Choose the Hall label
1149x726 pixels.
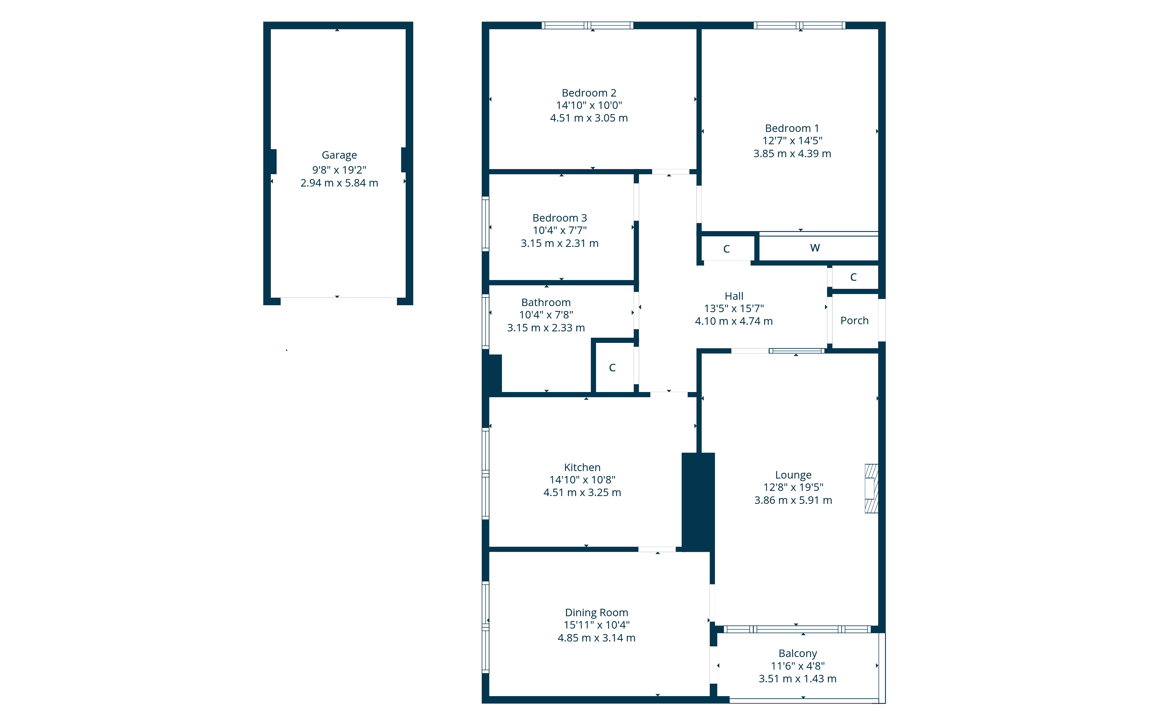[x=734, y=296]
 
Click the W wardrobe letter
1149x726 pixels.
[x=815, y=248]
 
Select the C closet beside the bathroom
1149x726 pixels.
[x=612, y=368]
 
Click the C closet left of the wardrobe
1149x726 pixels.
[x=726, y=249]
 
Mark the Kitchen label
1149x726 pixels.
[x=582, y=467]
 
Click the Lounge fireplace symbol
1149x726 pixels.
[x=871, y=488]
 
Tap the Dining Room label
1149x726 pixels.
[x=596, y=612]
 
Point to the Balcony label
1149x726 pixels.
[x=798, y=654]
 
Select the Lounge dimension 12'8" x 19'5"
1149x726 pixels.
[x=793, y=487]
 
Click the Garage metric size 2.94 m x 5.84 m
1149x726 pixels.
[x=339, y=183]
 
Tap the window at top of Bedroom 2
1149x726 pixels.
[x=587, y=25]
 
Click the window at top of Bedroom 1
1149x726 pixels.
[x=799, y=25]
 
